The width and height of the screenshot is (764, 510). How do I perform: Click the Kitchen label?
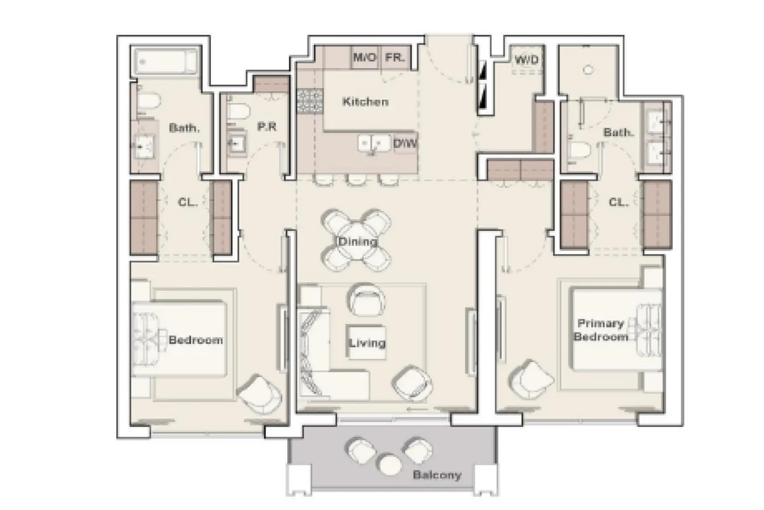[x=365, y=102]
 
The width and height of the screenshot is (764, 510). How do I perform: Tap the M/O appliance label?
[x=364, y=58]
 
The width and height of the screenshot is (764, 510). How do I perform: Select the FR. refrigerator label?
[x=395, y=58]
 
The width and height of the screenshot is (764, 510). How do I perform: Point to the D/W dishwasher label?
[x=405, y=144]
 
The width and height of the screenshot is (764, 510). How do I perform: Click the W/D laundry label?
[x=527, y=60]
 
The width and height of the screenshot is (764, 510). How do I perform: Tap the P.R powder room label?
[x=267, y=127]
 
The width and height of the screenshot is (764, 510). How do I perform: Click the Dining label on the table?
[x=357, y=242]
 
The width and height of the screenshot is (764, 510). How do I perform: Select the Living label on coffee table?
[x=367, y=343]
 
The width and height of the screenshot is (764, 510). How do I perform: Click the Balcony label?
[x=437, y=475]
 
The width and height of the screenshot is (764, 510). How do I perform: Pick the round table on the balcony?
[x=388, y=464]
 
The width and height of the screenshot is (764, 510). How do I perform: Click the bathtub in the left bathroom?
[x=166, y=62]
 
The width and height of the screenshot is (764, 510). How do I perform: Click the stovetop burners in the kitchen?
[x=310, y=102]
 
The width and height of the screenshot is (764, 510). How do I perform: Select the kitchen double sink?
[x=375, y=143]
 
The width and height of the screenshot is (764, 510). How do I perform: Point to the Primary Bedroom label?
[x=601, y=330]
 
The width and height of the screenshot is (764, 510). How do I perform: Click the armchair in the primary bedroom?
[x=531, y=379]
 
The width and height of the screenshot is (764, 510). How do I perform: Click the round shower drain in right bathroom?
[x=588, y=70]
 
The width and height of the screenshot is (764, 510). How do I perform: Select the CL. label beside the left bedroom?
[x=187, y=203]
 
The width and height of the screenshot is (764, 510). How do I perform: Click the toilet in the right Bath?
[x=579, y=151]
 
